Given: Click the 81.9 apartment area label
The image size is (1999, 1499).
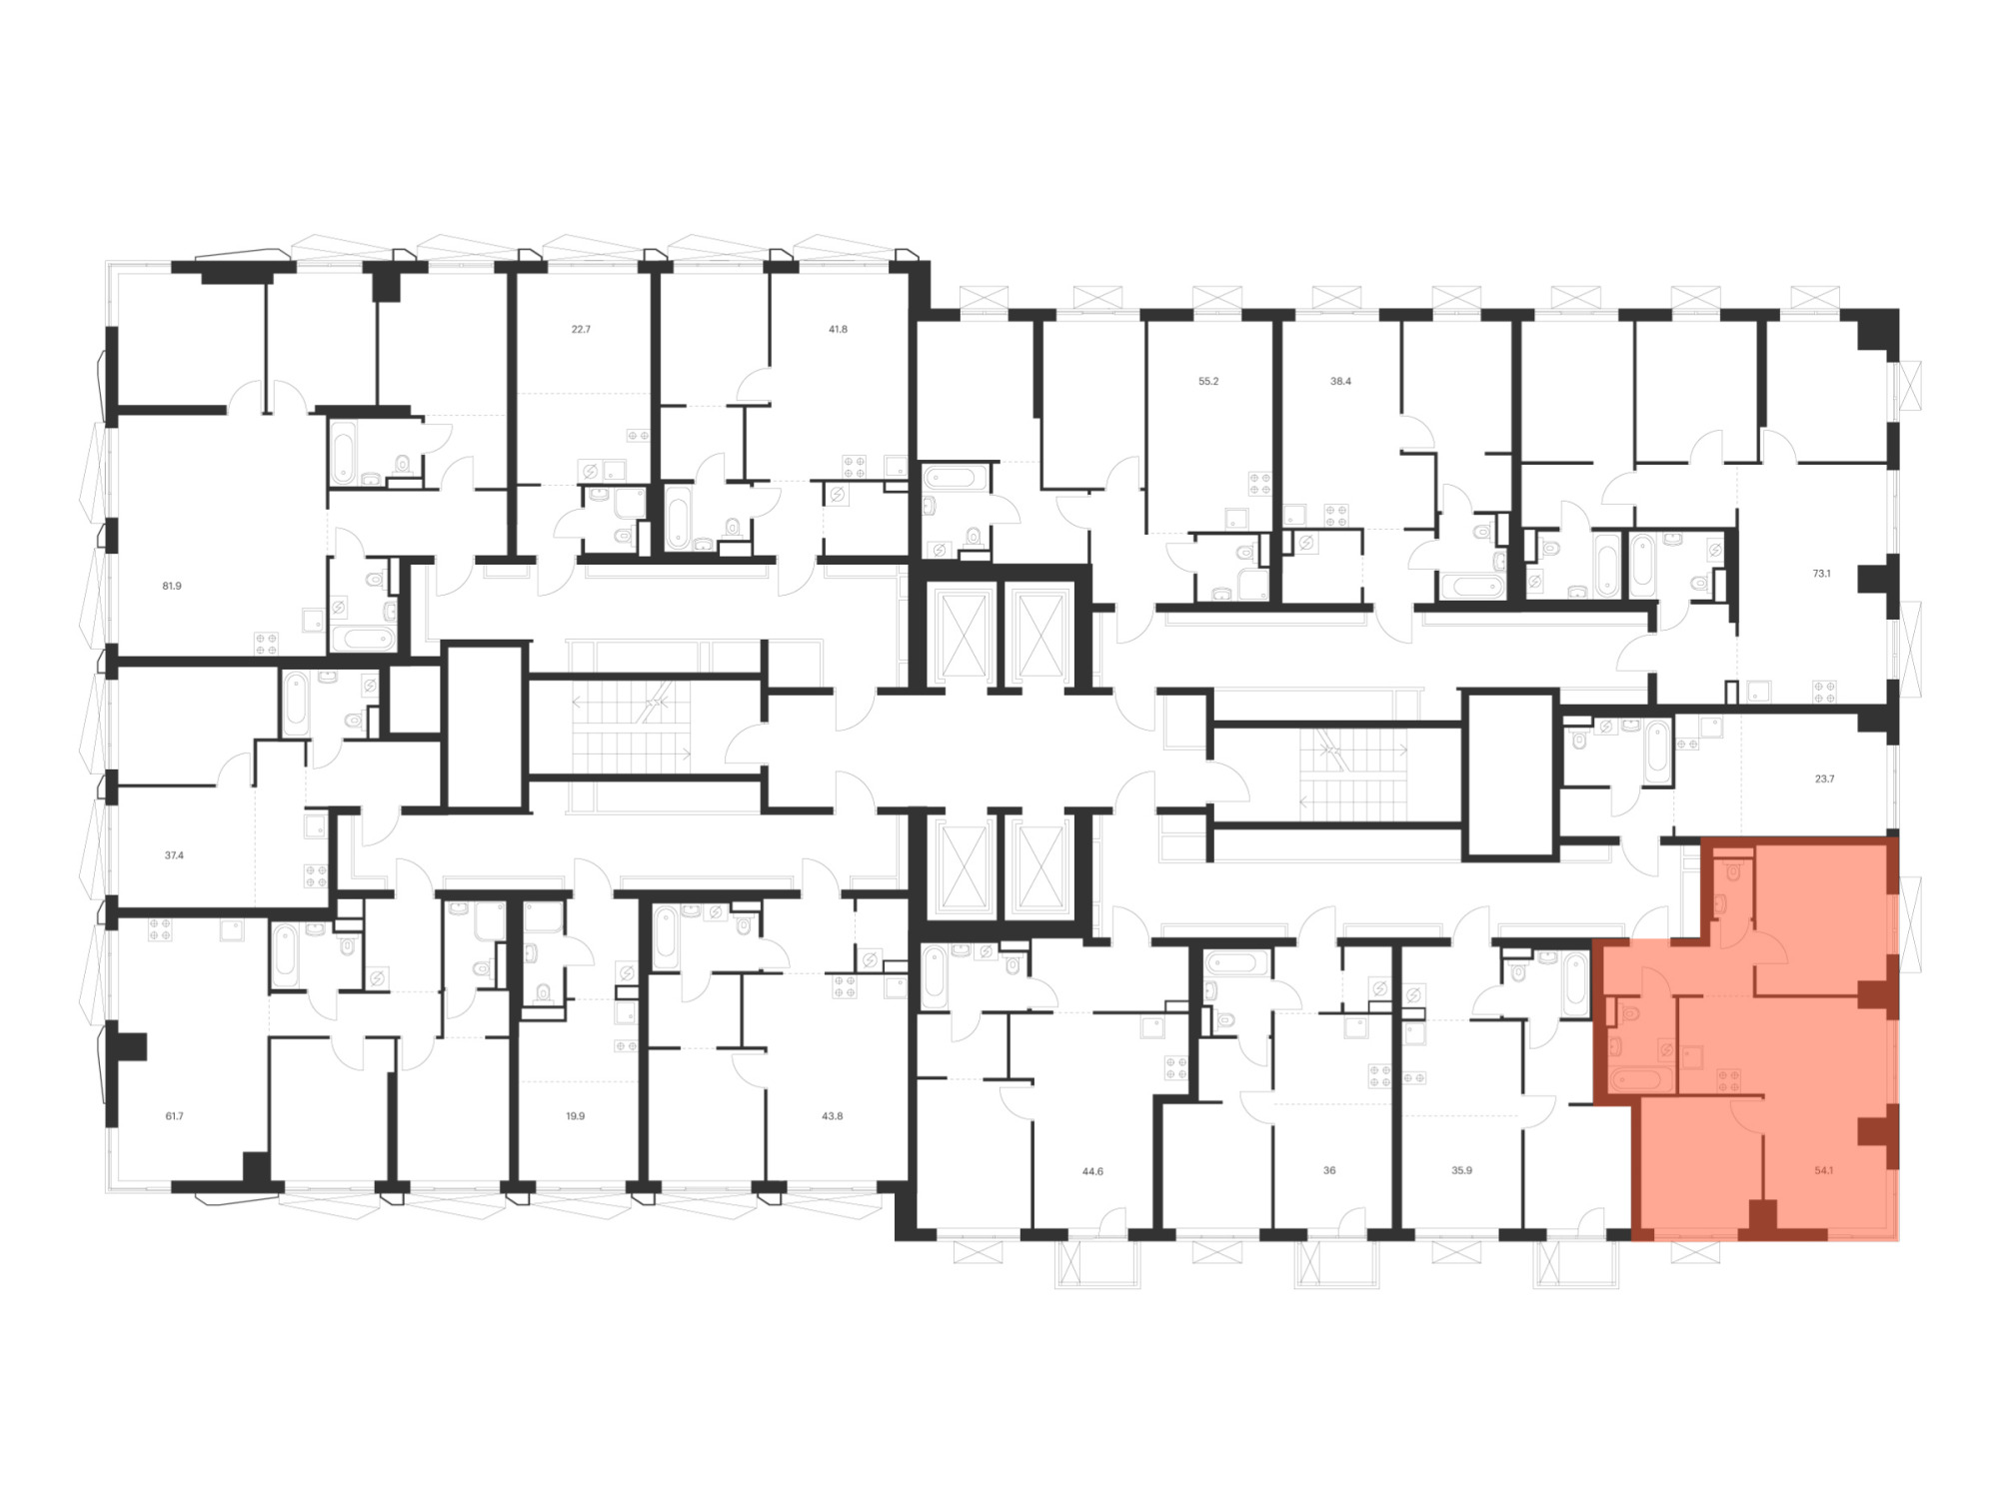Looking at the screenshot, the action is point(172,587).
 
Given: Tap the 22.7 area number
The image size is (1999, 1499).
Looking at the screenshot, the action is point(581,329).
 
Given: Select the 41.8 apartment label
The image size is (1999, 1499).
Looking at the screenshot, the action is point(838,329).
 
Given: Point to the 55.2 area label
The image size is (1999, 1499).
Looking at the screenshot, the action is point(1208,381).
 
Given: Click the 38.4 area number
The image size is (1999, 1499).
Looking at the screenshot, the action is point(1340,381).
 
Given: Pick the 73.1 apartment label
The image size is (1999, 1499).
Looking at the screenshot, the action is point(1821,574).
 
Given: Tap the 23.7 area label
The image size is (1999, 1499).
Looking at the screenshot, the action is point(1824,778).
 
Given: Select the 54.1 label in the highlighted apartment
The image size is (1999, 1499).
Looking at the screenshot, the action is point(1823,1170).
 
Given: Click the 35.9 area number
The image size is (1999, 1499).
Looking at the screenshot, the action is point(1461,1170).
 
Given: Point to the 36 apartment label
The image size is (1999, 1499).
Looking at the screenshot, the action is point(1329,1170).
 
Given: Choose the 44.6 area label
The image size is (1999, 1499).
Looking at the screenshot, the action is point(1092,1171).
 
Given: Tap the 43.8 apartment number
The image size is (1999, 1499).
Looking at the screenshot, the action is point(832,1116).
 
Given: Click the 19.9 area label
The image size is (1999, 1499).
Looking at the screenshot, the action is point(575,1116).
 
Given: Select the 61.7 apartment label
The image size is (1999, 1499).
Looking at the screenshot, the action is point(174,1116).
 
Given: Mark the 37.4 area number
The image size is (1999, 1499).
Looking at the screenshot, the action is point(174,855).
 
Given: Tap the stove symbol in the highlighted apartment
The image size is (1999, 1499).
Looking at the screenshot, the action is point(1729,1079).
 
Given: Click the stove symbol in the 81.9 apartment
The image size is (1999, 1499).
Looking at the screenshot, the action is point(266,644).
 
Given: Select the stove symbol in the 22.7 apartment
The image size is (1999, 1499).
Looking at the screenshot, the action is point(638,436).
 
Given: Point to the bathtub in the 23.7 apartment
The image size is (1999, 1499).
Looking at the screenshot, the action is point(1657,751).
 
